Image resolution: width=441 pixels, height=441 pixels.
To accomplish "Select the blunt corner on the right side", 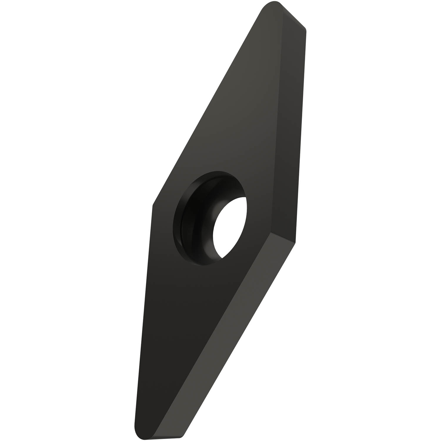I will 294,243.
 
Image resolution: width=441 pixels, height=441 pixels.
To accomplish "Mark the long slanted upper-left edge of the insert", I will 206,109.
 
